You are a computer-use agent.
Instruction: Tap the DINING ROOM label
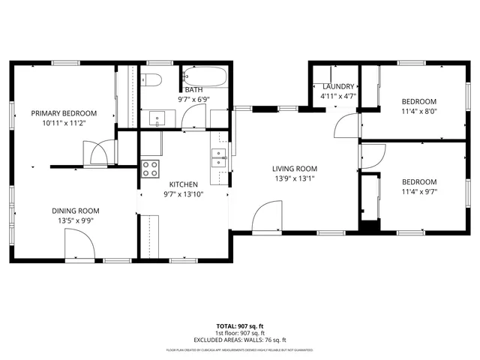[x=75, y=211]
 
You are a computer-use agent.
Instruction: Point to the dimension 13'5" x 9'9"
[x=75, y=220]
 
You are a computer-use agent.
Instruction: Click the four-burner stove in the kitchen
[x=150, y=168]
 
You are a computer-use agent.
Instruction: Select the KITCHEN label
[x=183, y=184]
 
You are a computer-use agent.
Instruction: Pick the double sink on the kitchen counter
[x=219, y=157]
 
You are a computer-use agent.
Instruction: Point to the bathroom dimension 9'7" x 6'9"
[x=193, y=99]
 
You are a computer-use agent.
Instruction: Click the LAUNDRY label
[x=337, y=86]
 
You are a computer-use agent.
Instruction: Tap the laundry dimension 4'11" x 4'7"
[x=337, y=96]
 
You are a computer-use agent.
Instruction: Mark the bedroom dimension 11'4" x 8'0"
[x=418, y=111]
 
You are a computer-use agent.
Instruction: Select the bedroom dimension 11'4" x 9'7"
[x=418, y=191]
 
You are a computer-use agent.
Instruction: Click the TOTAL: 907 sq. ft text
[x=240, y=325]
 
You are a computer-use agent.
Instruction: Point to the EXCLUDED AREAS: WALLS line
[x=240, y=339]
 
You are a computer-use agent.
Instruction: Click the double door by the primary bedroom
[x=98, y=154]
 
